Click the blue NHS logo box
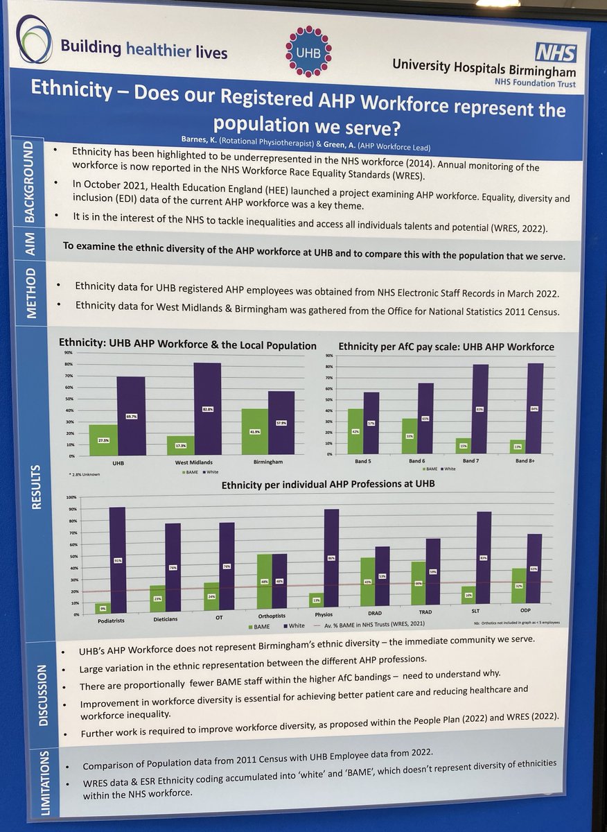click(554, 51)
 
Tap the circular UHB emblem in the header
click(308, 52)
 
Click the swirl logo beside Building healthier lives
click(34, 40)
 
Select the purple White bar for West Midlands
click(207, 409)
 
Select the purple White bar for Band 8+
click(535, 409)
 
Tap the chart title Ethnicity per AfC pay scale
click(446, 347)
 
